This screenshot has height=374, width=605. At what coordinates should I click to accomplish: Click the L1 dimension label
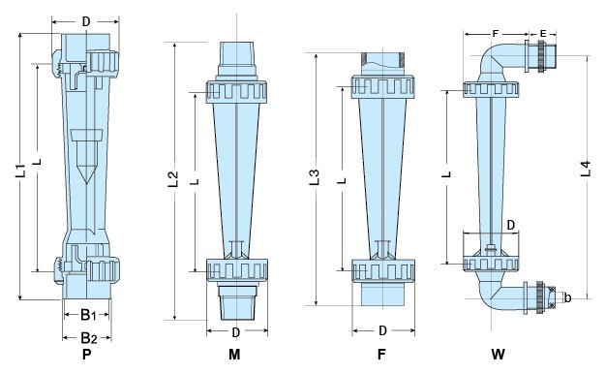click(20, 174)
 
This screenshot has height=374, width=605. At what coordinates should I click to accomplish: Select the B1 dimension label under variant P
click(86, 315)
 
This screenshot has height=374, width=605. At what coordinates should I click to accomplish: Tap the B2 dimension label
click(86, 337)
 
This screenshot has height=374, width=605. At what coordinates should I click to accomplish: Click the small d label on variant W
click(568, 296)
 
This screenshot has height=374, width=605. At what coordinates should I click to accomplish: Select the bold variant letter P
click(87, 357)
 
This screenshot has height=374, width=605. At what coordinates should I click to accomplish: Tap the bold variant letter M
click(234, 357)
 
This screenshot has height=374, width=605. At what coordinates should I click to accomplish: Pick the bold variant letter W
click(497, 357)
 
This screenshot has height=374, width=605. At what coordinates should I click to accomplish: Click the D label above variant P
click(87, 20)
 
